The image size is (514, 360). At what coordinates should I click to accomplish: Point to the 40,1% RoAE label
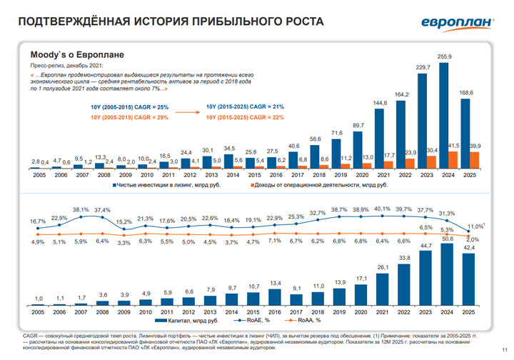click(383, 209)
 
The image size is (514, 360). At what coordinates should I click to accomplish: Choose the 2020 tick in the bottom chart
click(361, 313)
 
